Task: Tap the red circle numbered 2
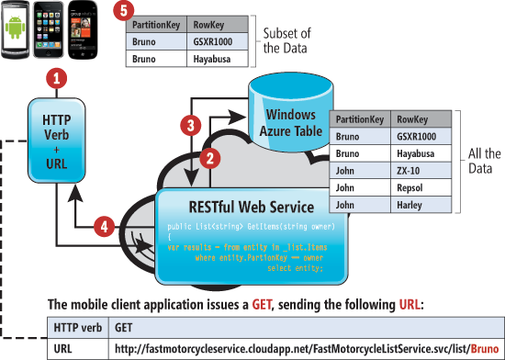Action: point(209,157)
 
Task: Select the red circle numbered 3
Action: point(189,123)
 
